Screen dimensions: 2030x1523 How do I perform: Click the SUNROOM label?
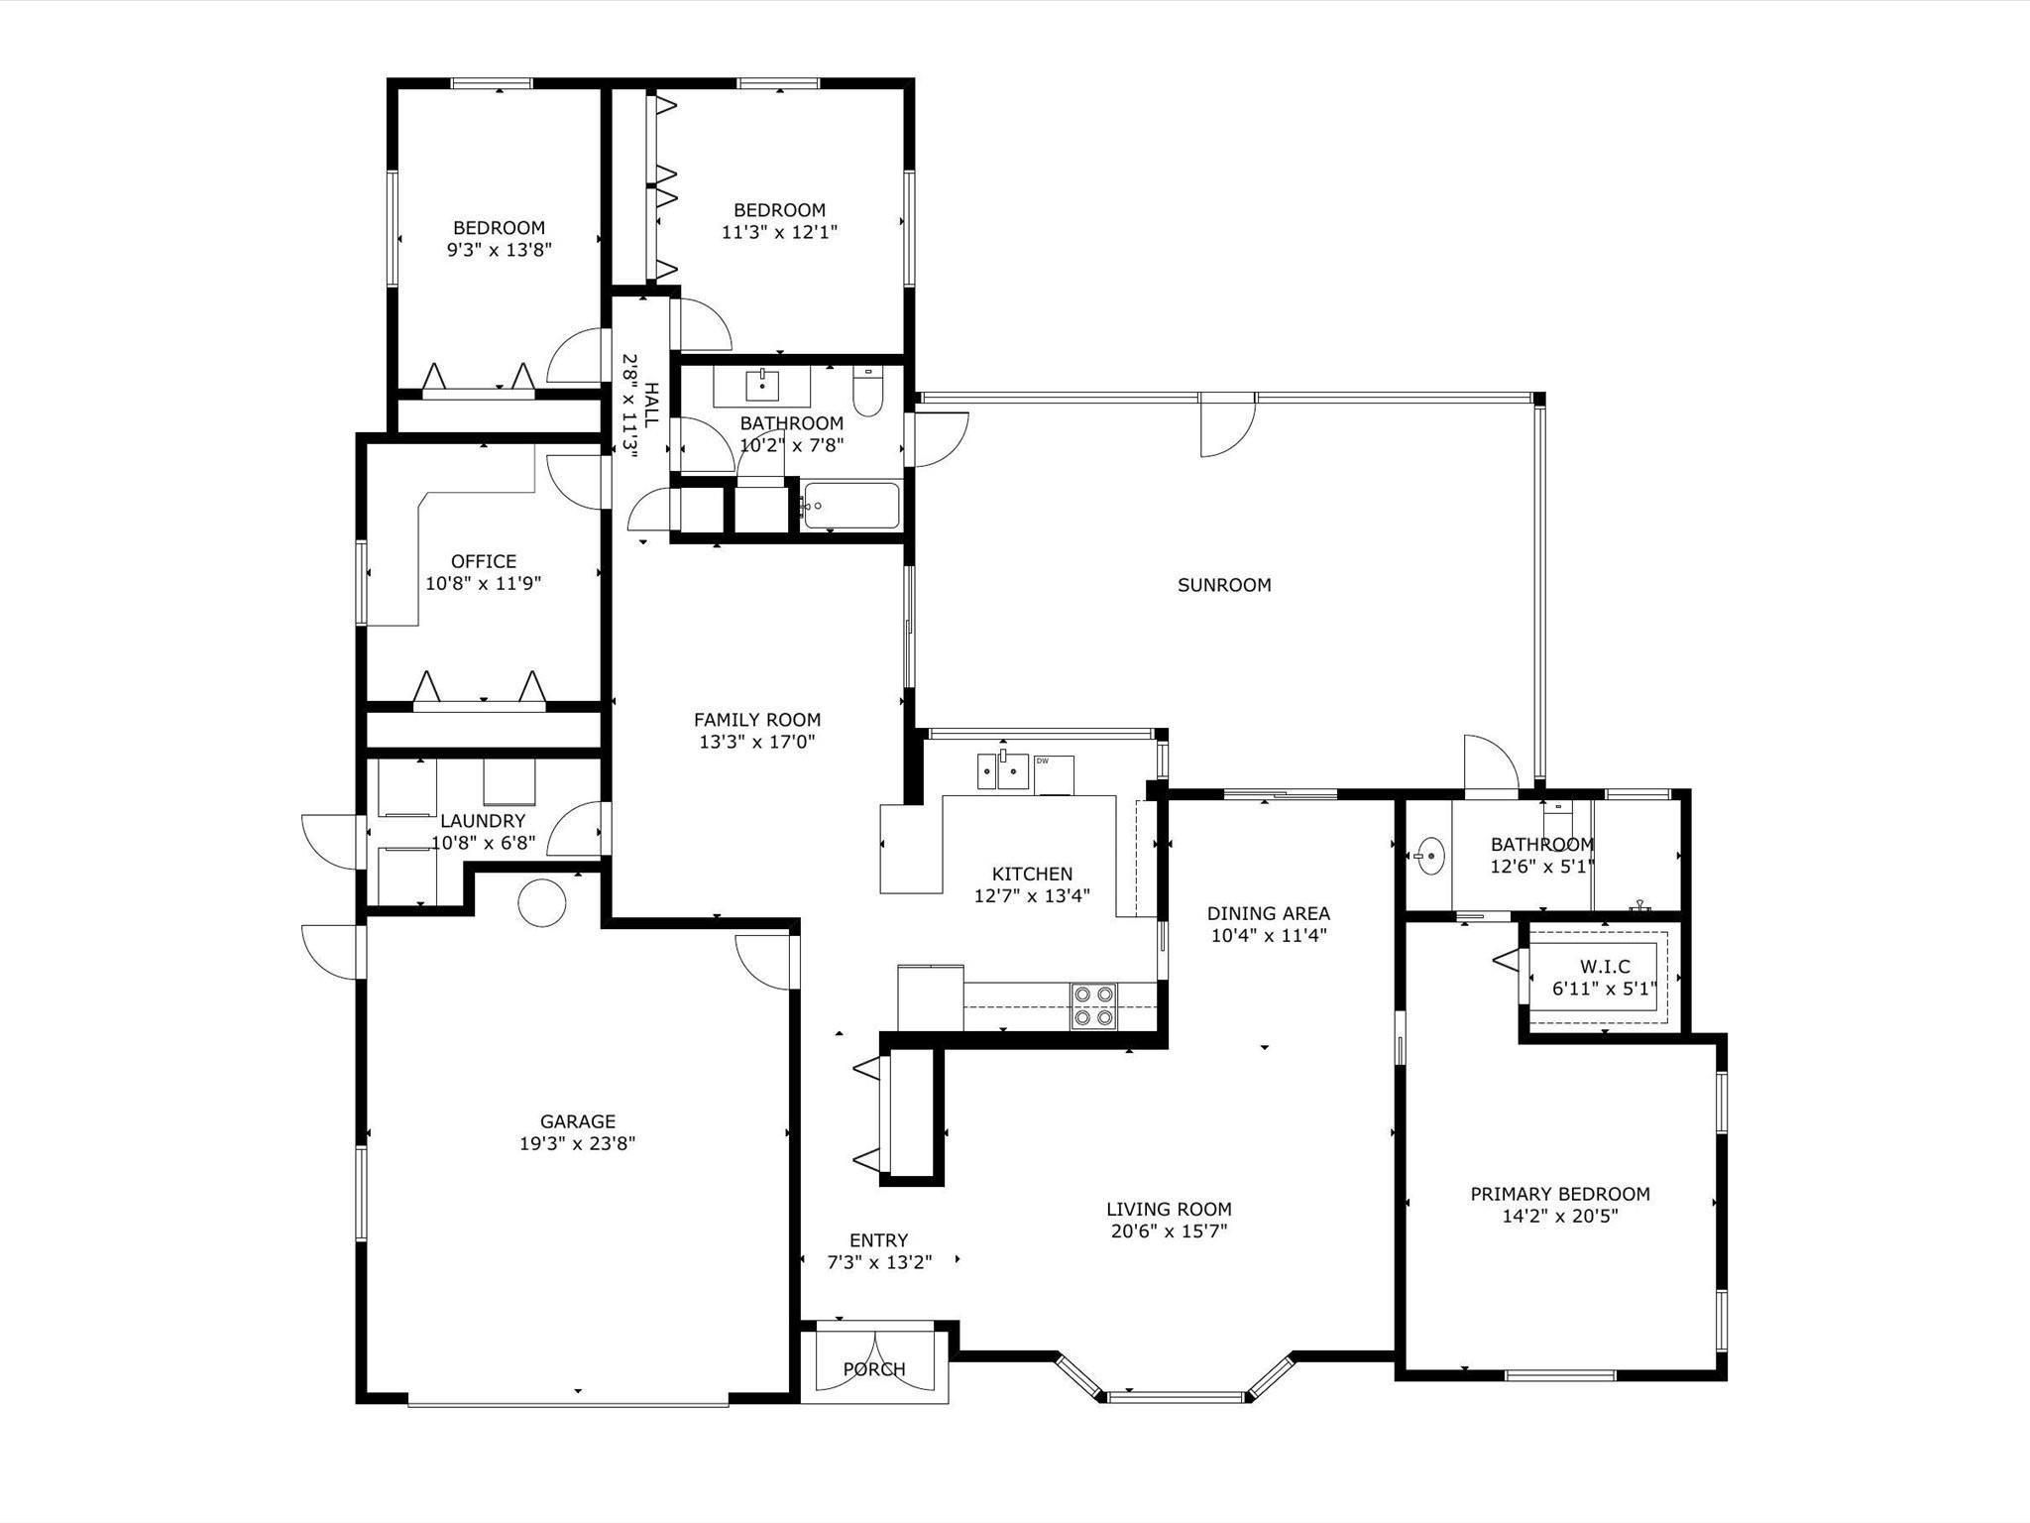[x=1224, y=585]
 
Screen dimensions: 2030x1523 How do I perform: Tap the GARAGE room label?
[x=578, y=1121]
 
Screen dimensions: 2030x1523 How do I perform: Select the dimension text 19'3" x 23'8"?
[x=578, y=1143]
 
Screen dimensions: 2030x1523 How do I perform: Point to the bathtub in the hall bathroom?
[x=851, y=506]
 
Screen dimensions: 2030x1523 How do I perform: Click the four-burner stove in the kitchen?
[x=1093, y=1005]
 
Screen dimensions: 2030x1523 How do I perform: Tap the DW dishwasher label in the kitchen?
[x=1042, y=761]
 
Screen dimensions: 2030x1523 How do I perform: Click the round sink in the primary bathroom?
[x=1429, y=855]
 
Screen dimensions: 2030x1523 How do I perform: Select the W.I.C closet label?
[x=1605, y=967]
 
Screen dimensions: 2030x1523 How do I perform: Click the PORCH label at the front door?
[x=874, y=1369]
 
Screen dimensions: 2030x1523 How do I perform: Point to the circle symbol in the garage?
[x=542, y=903]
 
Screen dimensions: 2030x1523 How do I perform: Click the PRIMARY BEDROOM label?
[x=1560, y=1194]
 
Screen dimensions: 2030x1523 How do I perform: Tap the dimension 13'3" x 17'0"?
[x=757, y=742]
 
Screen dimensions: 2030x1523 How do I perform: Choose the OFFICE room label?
[x=484, y=561]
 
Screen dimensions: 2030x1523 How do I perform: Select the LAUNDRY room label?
[x=483, y=821]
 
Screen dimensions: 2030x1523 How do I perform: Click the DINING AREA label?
[x=1269, y=913]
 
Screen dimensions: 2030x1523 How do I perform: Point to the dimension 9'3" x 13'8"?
[x=500, y=250]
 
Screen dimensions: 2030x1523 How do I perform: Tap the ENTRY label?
[x=879, y=1240]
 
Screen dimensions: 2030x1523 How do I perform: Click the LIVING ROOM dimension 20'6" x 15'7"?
[x=1170, y=1231]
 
